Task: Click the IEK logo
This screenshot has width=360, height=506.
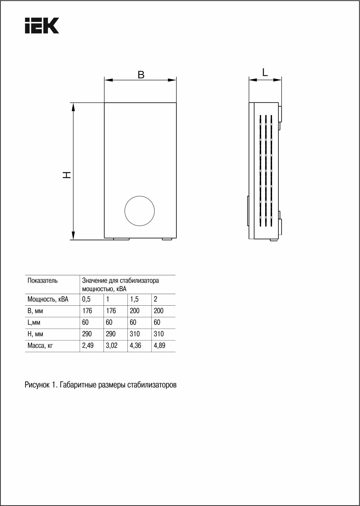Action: [42, 26]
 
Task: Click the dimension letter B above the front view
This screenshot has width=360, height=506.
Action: [141, 75]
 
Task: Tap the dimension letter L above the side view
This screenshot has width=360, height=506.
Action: [265, 72]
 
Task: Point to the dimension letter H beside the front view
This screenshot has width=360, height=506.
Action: [67, 175]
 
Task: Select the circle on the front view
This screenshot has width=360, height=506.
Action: [139, 211]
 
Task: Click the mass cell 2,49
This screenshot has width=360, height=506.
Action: [88, 346]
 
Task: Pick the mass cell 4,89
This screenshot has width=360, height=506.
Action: [160, 346]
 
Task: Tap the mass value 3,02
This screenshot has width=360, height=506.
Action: [112, 346]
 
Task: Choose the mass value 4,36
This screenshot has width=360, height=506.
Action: [136, 346]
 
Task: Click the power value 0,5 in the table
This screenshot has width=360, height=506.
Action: [86, 299]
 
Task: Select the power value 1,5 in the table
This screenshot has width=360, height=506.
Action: [134, 299]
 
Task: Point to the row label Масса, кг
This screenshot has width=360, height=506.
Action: [40, 346]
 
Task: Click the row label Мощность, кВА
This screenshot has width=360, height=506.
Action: [48, 299]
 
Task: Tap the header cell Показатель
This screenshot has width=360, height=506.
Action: [43, 280]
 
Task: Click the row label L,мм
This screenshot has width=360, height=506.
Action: [34, 322]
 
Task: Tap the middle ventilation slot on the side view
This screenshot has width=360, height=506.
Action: [265, 171]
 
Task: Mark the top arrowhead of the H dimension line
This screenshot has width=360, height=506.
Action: [73, 107]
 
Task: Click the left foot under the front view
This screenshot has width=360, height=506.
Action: [121, 239]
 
